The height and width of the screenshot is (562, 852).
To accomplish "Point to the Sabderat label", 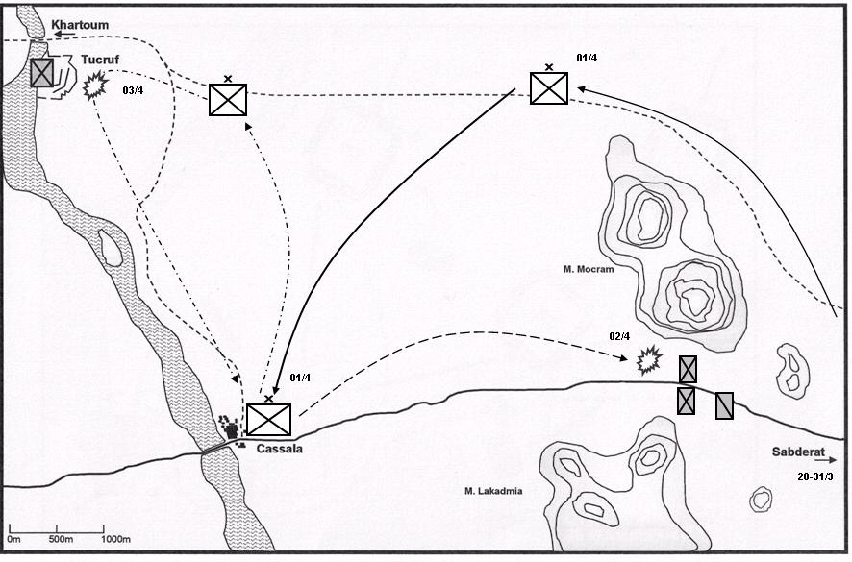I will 794,452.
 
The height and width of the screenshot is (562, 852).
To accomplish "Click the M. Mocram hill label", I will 589,270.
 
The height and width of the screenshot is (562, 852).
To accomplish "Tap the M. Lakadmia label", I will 492,492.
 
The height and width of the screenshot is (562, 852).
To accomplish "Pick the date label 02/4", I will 619,335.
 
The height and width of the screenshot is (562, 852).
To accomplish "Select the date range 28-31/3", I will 815,476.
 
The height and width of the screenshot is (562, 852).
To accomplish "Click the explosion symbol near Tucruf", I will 94,87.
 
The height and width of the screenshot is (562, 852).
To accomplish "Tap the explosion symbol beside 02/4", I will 650,361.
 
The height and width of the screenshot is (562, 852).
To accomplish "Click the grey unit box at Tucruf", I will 41,72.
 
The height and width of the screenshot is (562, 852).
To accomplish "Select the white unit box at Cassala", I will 268,420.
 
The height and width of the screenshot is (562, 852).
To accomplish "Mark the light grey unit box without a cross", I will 724,406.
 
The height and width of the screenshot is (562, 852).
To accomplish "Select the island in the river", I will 111,249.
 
